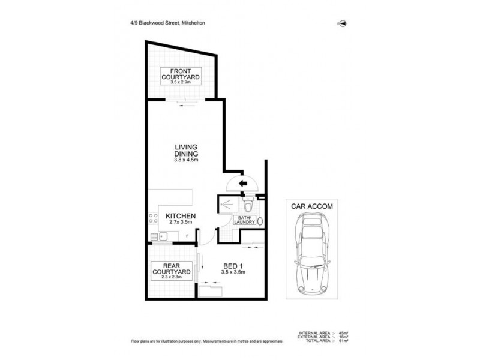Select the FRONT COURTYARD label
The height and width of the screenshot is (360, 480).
pos(180,76)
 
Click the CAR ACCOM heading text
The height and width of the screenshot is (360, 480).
pos(311,206)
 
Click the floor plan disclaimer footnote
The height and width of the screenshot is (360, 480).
pos(207,340)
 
